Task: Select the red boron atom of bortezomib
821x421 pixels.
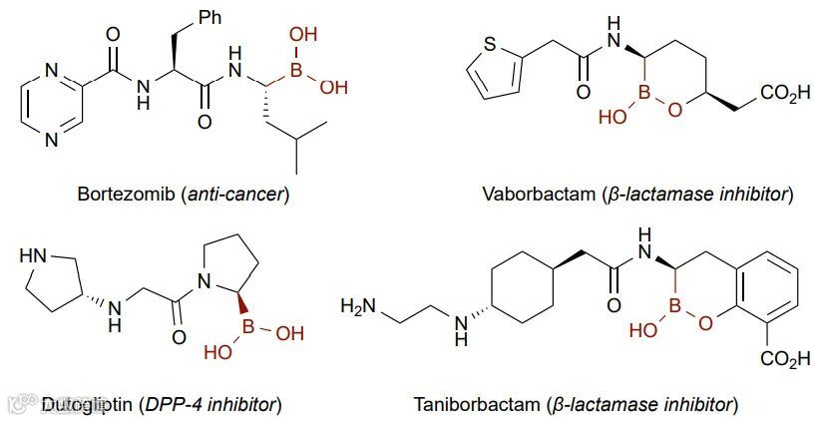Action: tap(296, 68)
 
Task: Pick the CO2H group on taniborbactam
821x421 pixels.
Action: tap(786, 358)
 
